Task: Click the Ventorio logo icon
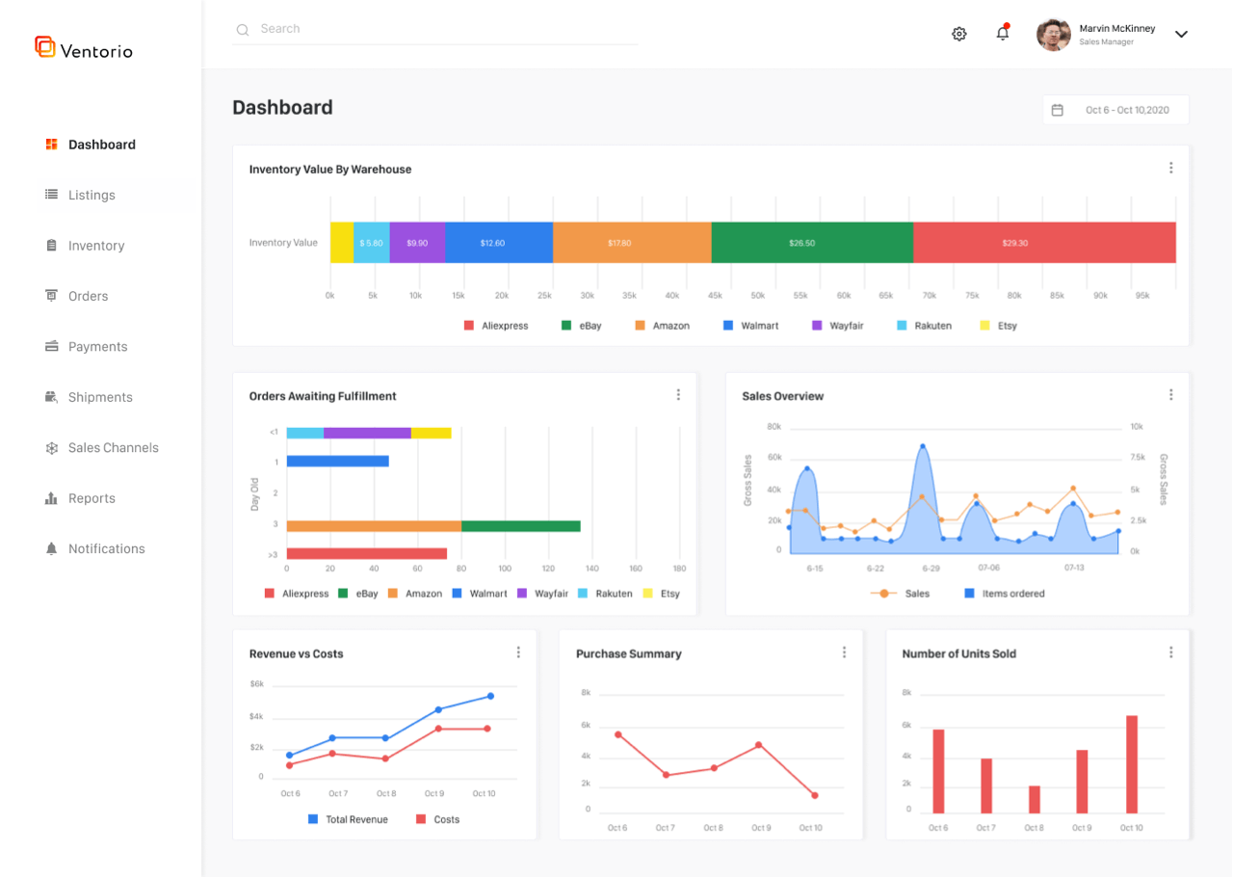[45, 46]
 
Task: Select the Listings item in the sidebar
[92, 195]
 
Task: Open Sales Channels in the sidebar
[113, 447]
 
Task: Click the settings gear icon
[958, 34]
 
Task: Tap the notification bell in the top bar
[1003, 34]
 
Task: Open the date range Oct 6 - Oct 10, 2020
[1115, 110]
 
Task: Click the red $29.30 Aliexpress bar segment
[1044, 243]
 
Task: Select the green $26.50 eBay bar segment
[812, 243]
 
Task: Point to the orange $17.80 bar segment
[632, 243]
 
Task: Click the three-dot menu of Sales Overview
[1170, 395]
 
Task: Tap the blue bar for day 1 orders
[337, 462]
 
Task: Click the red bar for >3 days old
[367, 553]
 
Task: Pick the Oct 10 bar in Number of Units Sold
[1132, 764]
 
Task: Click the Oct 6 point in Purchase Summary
[617, 734]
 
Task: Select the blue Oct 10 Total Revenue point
[490, 696]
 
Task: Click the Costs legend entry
[437, 819]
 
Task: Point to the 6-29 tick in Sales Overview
[930, 568]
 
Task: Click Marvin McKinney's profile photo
[1053, 35]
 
